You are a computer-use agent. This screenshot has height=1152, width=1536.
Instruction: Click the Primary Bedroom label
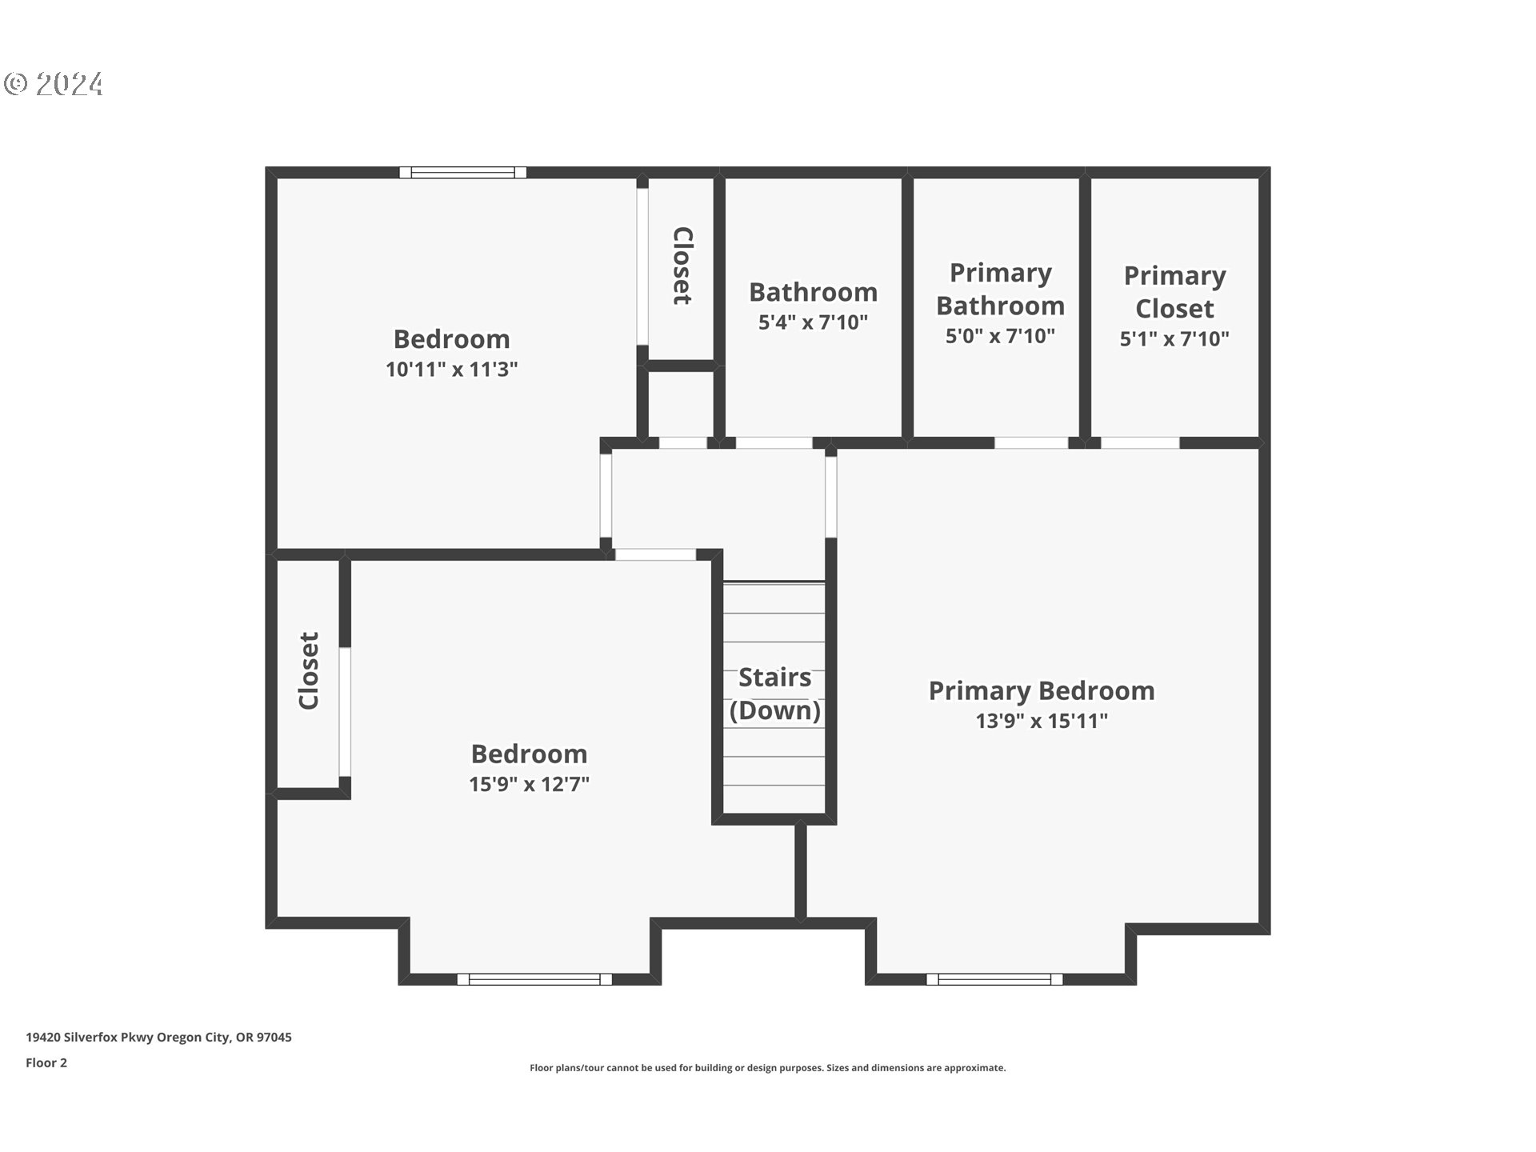point(1041,690)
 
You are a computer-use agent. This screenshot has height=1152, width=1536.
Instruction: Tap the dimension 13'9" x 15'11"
point(1041,721)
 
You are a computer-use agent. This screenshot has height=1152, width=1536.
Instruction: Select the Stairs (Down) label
point(774,694)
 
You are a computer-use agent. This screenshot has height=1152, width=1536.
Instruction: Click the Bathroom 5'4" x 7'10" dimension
point(813,322)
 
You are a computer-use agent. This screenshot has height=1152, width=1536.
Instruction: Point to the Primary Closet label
point(1174,292)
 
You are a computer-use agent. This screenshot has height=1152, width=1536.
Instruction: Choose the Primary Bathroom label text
point(1000,289)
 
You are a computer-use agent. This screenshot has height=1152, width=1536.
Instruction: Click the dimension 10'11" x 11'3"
point(451,370)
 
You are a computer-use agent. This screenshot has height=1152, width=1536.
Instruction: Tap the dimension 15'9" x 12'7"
point(529,784)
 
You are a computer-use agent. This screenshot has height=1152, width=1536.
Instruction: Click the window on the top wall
point(462,172)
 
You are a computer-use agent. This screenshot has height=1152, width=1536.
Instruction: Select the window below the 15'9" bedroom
point(534,979)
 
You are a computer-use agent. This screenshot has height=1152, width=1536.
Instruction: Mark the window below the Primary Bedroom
point(994,979)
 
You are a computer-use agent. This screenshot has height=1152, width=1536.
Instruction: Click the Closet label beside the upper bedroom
point(682,266)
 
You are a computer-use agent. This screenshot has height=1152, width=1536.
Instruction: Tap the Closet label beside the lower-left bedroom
point(309,670)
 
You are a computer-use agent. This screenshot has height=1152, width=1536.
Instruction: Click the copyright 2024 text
point(54,84)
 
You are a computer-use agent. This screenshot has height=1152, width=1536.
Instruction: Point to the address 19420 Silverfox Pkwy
point(158,1037)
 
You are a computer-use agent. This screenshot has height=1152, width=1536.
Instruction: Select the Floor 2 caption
point(46,1062)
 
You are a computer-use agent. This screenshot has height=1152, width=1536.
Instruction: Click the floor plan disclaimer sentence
point(767,1068)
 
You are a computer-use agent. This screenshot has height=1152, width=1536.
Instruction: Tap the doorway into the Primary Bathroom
point(1030,442)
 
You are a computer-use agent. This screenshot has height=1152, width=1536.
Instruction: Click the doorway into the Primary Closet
point(1140,442)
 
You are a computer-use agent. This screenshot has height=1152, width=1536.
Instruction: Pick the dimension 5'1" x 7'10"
point(1174,339)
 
